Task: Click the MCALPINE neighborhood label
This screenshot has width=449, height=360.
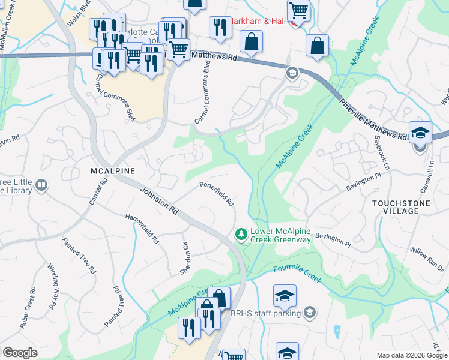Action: (113, 170)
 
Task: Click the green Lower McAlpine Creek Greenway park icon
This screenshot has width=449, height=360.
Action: (241, 233)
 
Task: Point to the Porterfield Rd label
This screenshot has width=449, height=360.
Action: (216, 193)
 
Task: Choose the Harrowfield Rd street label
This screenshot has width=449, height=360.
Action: (142, 229)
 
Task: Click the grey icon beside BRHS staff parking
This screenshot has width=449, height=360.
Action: (309, 312)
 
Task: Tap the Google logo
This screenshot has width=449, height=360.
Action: (20, 353)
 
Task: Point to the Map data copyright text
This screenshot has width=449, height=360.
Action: (411, 355)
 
